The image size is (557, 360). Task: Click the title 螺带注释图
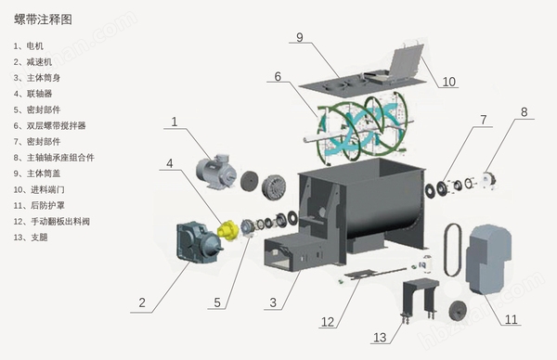(43, 19)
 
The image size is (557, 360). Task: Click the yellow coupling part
(227, 230)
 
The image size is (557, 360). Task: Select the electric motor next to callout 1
(216, 171)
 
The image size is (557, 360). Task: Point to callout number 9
(300, 37)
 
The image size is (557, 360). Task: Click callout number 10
(449, 82)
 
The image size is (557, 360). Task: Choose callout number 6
(278, 76)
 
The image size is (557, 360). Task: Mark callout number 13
(380, 338)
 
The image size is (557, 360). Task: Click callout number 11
(512, 319)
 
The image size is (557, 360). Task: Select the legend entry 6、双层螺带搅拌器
(50, 125)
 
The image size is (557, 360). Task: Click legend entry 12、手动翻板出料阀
(51, 222)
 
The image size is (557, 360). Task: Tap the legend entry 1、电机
(29, 45)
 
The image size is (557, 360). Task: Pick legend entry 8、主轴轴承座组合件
(54, 158)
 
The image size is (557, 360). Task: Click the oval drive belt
(453, 250)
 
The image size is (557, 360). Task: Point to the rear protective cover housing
(489, 259)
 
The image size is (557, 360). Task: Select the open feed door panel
(406, 61)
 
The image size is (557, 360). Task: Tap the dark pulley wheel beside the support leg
(459, 311)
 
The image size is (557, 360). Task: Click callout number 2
(142, 302)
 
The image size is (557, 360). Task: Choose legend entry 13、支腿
(31, 238)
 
